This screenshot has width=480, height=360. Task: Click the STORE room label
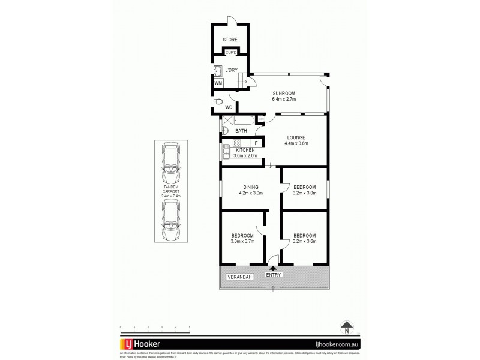[230, 40]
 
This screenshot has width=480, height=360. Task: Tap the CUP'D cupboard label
[230, 52]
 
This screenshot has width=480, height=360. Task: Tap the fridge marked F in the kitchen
[256, 143]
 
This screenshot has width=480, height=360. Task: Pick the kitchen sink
[226, 153]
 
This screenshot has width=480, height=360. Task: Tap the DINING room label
[251, 187]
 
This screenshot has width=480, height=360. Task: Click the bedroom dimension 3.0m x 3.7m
[243, 241]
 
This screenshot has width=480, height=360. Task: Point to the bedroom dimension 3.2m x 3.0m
[304, 193]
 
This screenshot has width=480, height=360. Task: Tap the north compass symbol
[346, 329]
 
